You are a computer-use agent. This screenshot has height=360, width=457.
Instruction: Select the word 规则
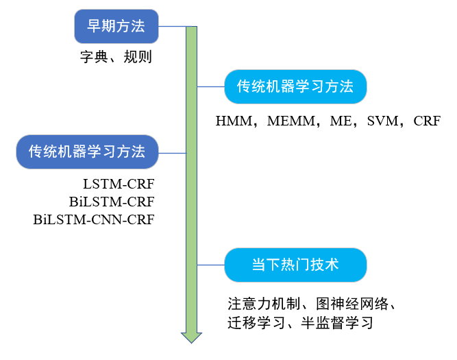click(137, 57)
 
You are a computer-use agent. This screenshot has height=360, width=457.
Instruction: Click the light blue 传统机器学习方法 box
click(295, 86)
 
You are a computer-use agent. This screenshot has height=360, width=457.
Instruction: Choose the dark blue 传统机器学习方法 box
click(87, 152)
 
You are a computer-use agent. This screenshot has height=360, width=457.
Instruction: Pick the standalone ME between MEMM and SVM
click(340, 121)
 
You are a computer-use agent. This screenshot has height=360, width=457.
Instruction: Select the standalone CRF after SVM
click(426, 121)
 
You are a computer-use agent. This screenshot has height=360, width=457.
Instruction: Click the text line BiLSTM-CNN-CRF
click(94, 220)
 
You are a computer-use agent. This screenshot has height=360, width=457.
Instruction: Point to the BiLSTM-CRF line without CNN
click(112, 202)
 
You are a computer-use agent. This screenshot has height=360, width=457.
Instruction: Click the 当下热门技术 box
click(295, 264)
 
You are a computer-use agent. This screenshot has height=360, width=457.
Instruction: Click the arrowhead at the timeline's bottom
click(191, 337)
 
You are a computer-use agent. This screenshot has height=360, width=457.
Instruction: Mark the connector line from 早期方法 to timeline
click(171, 27)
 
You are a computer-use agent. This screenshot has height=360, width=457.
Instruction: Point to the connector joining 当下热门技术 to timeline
click(211, 264)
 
